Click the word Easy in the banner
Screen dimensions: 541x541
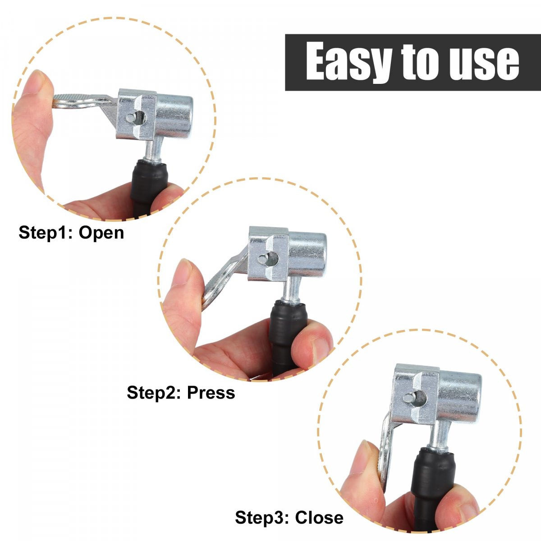coord(349,61)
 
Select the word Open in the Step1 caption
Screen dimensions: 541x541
coord(101,233)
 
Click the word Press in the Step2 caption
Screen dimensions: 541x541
coord(211,393)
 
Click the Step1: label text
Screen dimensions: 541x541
coord(46,233)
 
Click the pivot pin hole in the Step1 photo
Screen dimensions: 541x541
coord(137,117)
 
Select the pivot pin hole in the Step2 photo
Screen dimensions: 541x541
coord(268,259)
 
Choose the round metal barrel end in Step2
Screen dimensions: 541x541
coord(307,255)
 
